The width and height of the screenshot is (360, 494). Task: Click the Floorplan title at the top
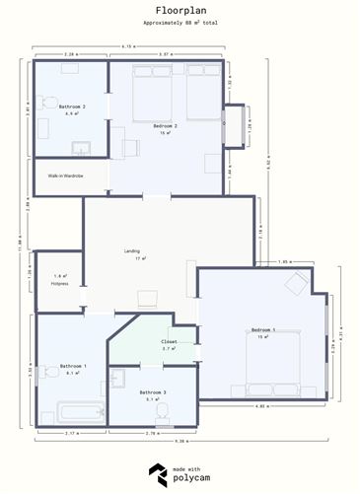point(180,8)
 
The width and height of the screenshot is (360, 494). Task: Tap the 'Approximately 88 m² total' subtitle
point(180,21)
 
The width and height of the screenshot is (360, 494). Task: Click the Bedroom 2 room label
point(165,126)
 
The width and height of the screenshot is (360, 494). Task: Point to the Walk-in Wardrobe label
point(66,176)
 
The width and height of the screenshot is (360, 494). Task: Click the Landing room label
point(132,251)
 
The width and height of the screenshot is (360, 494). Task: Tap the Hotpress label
point(60,283)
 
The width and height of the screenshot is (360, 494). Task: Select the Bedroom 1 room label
point(263,329)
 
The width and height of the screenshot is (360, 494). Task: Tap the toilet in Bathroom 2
point(50,103)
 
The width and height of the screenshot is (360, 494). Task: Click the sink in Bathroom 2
point(82,149)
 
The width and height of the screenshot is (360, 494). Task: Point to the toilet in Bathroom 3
point(118,379)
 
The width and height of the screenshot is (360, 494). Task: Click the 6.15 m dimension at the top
point(128,46)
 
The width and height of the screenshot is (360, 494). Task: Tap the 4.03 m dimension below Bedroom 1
point(261,406)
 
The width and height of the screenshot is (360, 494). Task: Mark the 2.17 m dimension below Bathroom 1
point(71,433)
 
